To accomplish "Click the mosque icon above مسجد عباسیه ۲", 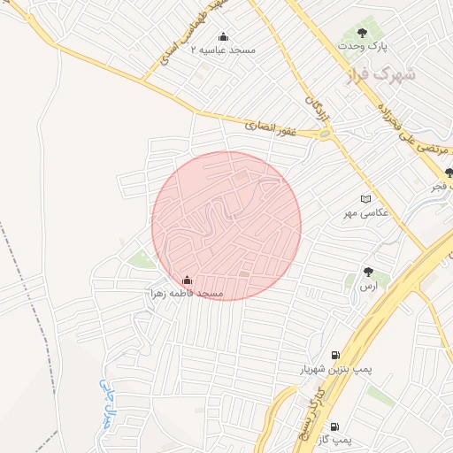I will click(x=223, y=36).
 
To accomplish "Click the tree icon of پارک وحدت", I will click(x=363, y=32).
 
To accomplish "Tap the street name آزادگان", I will click(x=311, y=101).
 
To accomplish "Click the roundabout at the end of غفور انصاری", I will click(x=326, y=134).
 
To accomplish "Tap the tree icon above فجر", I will click(x=449, y=173).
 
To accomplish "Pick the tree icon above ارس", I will click(x=368, y=273).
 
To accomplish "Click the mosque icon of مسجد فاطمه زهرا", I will click(x=186, y=280).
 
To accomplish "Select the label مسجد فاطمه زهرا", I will click(x=187, y=293).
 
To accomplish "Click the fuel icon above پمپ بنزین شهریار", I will click(x=334, y=356).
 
